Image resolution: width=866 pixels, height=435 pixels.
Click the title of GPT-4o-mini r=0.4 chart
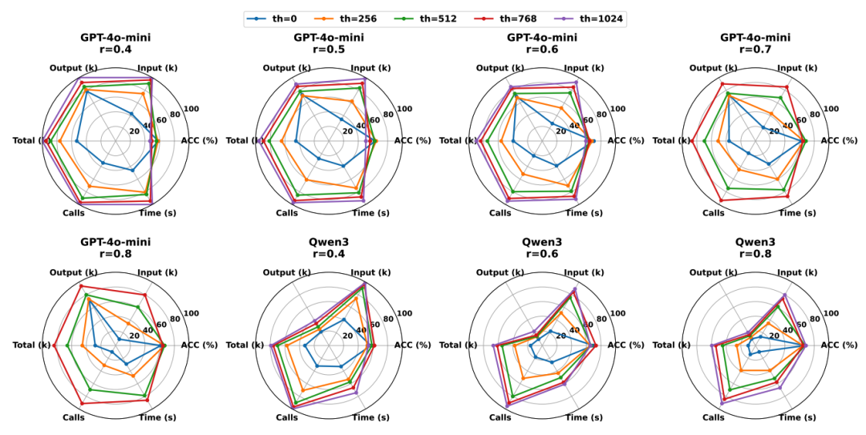coord(115,43)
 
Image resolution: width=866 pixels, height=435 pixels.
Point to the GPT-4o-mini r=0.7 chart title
coord(755,43)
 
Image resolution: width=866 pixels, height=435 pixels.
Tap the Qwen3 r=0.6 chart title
coord(541,248)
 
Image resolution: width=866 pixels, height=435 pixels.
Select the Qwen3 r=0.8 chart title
coord(755,248)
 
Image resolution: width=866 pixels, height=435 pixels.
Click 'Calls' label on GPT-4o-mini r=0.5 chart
coord(286,213)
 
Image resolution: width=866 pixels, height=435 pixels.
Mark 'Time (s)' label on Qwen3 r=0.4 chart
coord(371,417)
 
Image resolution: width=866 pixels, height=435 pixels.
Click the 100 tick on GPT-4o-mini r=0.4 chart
coord(192,110)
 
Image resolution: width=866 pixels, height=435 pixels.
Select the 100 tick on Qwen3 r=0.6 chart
coord(618,314)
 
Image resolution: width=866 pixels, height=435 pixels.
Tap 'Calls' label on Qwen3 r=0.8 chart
coord(713,417)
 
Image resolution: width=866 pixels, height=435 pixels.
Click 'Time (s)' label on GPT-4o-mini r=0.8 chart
coord(158,417)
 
